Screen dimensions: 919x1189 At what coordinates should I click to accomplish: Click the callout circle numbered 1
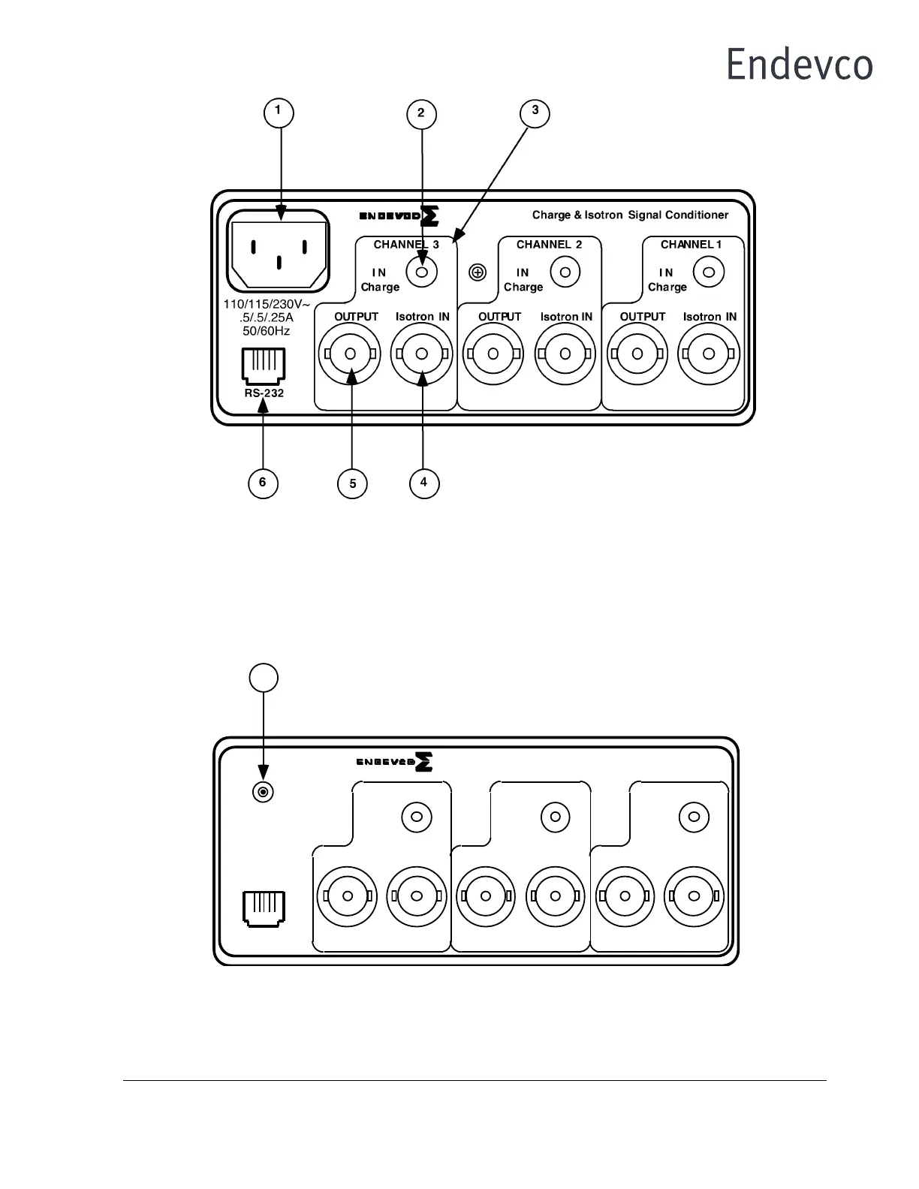point(279,113)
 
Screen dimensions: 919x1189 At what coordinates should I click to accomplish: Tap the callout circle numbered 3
point(535,112)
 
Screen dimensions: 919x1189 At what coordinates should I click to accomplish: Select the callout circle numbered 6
point(263,483)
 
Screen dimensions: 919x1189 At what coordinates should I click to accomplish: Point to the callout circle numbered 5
point(353,484)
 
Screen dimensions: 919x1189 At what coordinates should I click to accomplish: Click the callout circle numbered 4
point(424,483)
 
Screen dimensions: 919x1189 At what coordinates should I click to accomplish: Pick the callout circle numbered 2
point(421,114)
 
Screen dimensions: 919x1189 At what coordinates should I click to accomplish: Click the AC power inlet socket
point(279,251)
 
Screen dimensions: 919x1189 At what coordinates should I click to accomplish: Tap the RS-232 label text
point(264,393)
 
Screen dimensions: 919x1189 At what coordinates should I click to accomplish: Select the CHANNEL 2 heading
point(549,245)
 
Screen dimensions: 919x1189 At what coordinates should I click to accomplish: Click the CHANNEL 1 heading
point(691,245)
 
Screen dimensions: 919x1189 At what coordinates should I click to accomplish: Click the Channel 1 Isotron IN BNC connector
point(708,354)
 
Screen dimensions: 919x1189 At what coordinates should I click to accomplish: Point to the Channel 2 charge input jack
point(565,272)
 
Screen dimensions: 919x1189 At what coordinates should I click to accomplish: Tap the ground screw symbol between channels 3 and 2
point(478,272)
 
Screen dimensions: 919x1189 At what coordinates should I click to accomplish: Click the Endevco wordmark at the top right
point(799,65)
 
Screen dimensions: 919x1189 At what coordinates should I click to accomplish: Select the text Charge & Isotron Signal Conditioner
point(630,215)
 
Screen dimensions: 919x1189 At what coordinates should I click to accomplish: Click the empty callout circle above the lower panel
point(264,677)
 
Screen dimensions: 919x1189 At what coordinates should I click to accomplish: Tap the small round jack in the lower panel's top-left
point(263,791)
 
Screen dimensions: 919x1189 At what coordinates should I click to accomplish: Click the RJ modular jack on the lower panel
point(264,907)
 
